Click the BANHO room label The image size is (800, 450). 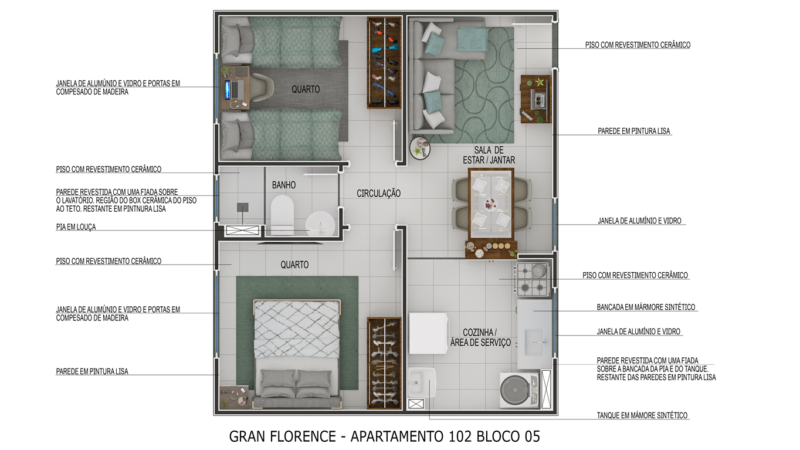(x=283, y=185)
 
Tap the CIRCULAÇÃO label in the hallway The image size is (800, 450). (x=378, y=194)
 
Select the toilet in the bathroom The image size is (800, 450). (x=282, y=215)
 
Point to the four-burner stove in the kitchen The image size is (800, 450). (x=533, y=279)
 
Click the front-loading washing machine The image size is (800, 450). (x=519, y=390)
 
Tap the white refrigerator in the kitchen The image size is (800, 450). (x=428, y=333)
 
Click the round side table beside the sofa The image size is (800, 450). (x=419, y=148)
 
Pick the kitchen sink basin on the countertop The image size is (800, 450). (x=534, y=342)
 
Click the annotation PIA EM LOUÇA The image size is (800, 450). (x=76, y=227)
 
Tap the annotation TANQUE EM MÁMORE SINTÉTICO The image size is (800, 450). (x=642, y=415)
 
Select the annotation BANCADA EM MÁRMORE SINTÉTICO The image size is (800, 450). (x=646, y=307)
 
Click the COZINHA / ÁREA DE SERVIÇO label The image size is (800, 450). (x=480, y=337)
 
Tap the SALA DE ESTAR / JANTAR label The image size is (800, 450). (x=489, y=155)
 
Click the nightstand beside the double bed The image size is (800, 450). (x=234, y=397)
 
